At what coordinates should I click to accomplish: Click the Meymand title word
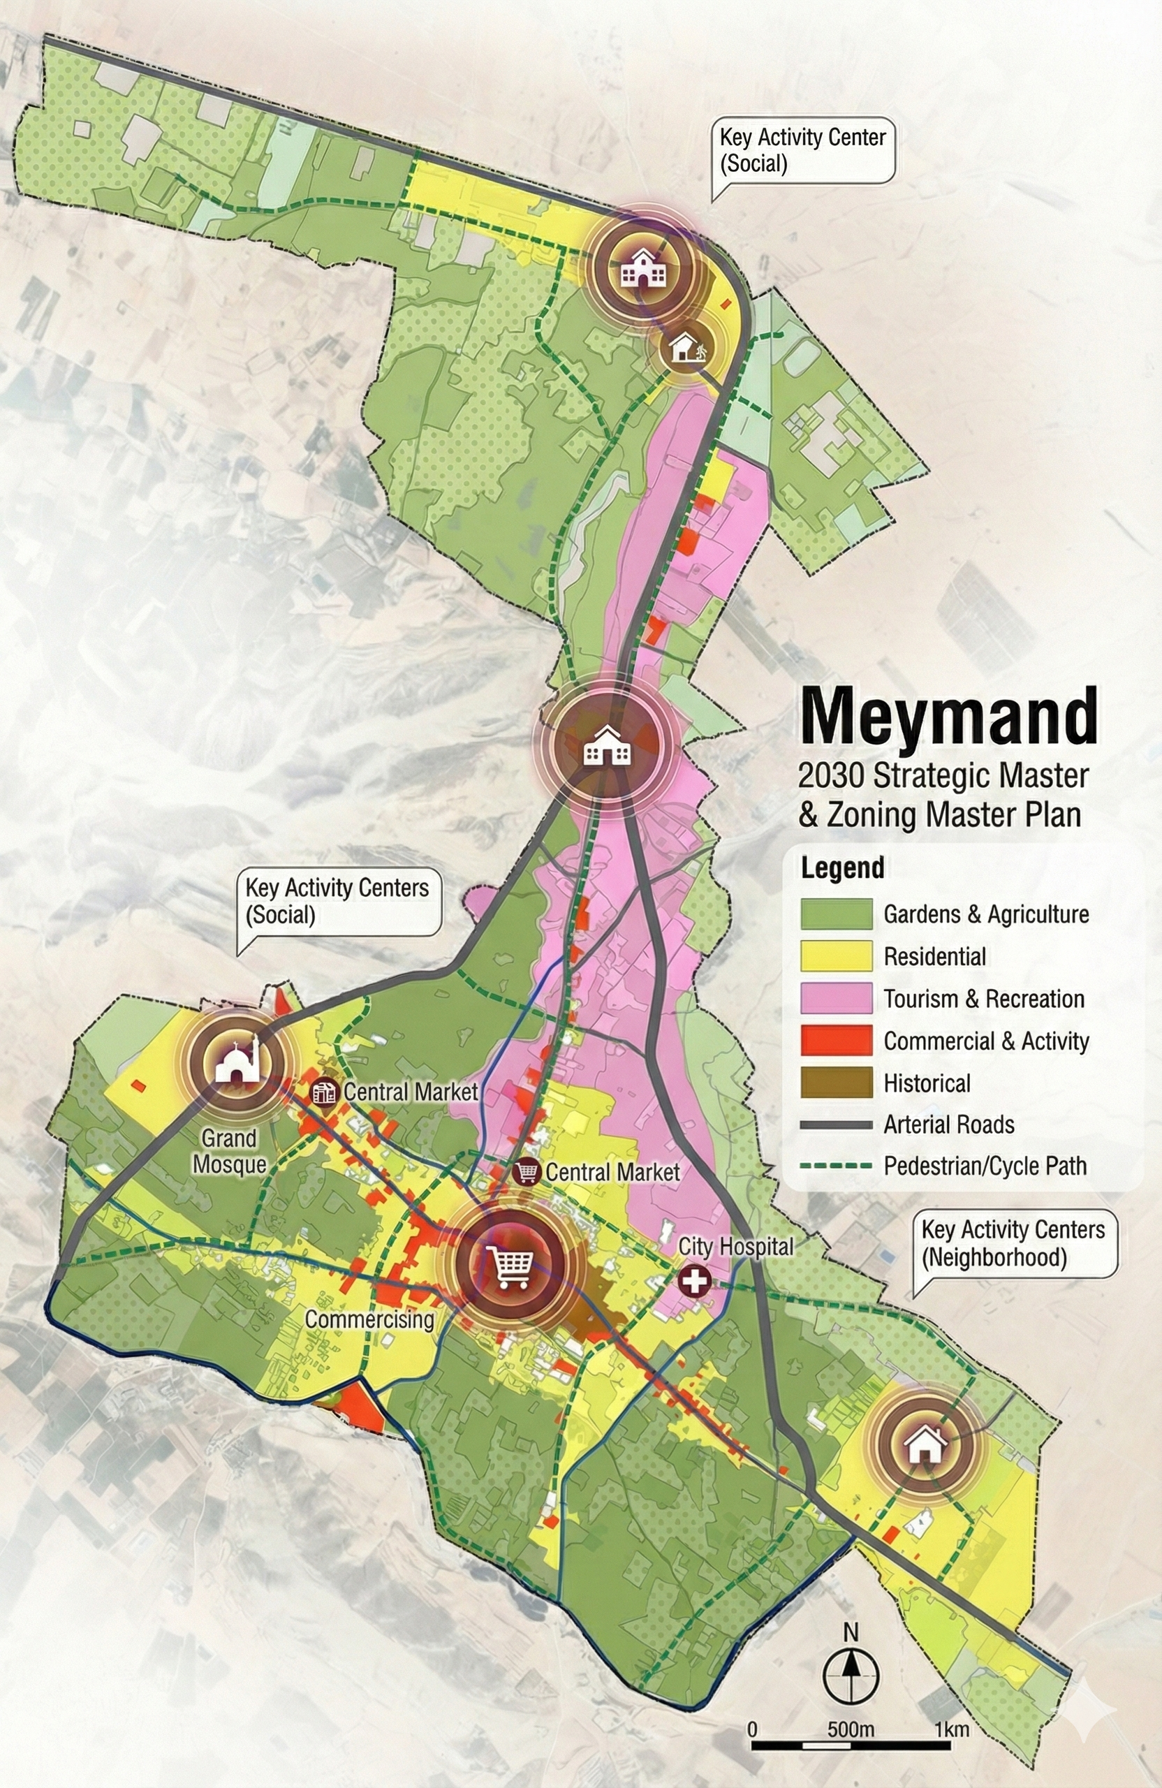click(x=949, y=717)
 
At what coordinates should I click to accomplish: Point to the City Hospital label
click(x=735, y=1246)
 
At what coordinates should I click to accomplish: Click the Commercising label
click(x=369, y=1319)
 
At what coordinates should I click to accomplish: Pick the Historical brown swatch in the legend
click(x=836, y=1083)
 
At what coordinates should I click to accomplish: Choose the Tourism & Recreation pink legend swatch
click(x=836, y=999)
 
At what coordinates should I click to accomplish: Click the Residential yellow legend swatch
click(x=836, y=956)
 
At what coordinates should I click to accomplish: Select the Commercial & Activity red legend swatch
click(x=836, y=1041)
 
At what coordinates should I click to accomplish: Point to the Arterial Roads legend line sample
click(x=836, y=1124)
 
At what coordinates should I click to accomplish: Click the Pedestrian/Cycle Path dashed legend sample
click(x=836, y=1166)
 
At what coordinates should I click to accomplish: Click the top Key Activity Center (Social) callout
click(x=803, y=150)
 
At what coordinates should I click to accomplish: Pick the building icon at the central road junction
click(x=607, y=745)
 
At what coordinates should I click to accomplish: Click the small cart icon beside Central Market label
click(x=527, y=1171)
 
